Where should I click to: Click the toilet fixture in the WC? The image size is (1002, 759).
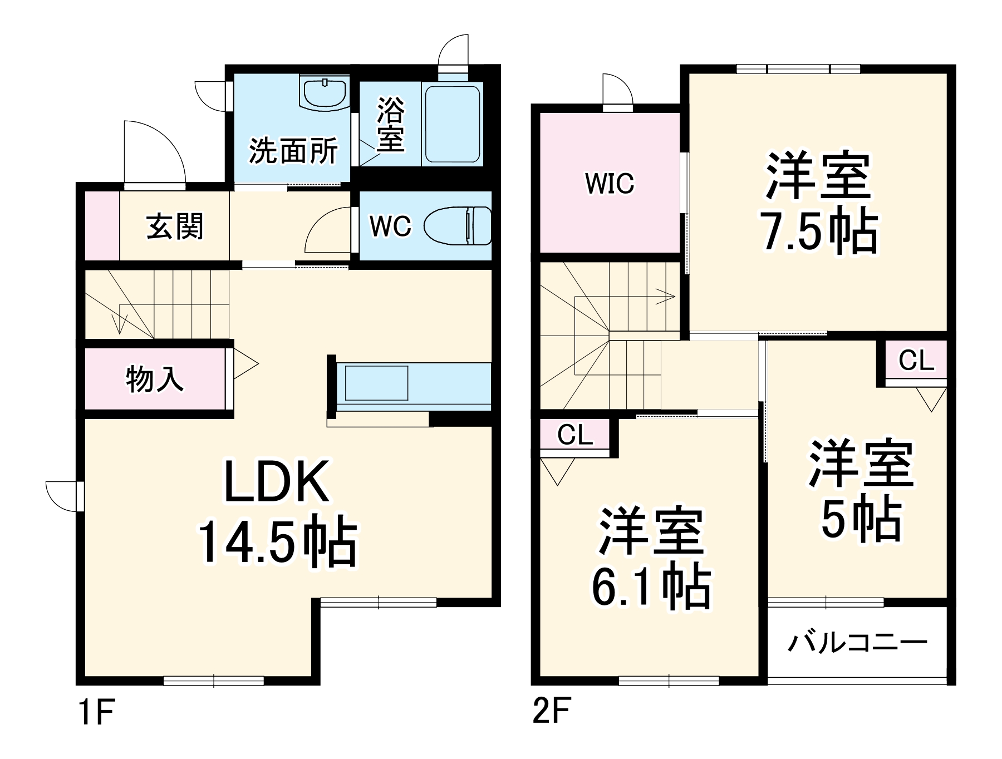[x=458, y=226]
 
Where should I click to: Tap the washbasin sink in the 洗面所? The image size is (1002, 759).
[x=323, y=91]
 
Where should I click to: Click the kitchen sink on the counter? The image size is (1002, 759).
[x=377, y=383]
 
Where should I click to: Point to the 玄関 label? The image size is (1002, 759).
[x=175, y=226]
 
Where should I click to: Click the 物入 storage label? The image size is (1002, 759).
[x=154, y=379]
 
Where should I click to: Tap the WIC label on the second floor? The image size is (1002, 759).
[x=610, y=183]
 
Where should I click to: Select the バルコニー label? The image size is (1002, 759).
[x=857, y=643]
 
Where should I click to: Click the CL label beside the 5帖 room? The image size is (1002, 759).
[x=916, y=361]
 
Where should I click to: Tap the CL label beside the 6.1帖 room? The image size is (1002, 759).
[x=575, y=435]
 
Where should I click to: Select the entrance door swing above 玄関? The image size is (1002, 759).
[x=154, y=150]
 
